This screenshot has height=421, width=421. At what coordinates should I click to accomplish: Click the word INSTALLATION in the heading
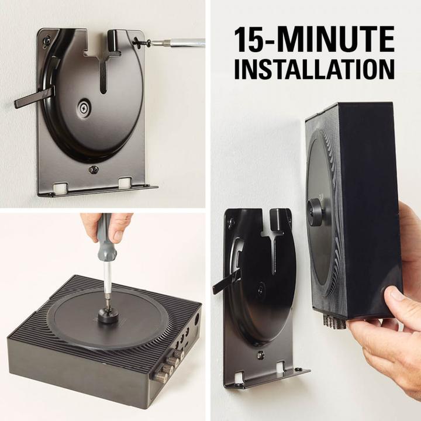point(314,68)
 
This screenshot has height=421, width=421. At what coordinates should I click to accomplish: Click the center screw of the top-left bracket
point(84,108)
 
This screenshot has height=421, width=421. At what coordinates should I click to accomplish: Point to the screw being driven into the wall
point(142,42)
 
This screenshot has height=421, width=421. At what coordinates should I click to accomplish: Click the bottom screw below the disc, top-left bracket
point(93,170)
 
